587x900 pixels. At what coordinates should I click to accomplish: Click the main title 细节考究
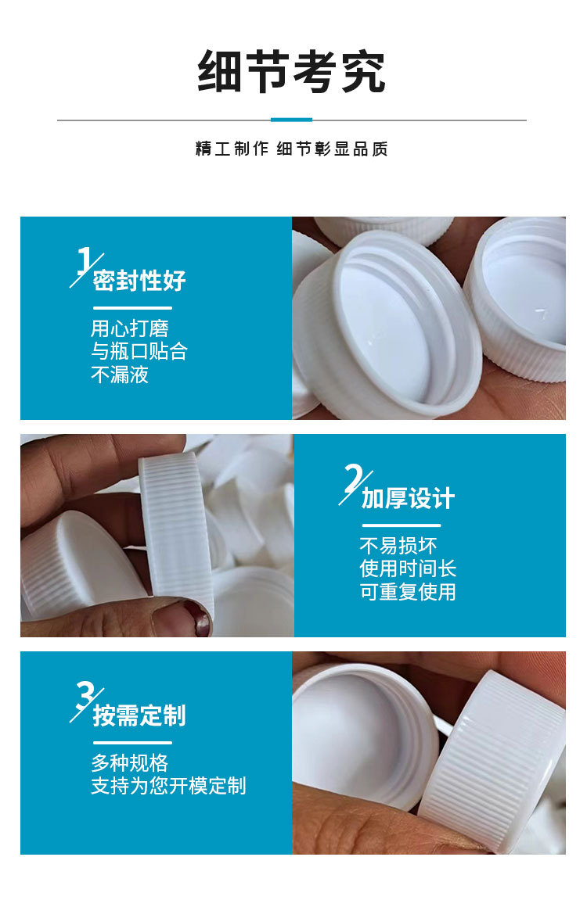tap(291, 72)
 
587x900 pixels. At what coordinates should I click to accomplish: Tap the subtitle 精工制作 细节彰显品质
tap(291, 149)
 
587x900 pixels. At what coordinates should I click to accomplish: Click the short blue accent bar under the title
tap(291, 120)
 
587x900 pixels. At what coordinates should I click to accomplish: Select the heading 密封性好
tap(139, 281)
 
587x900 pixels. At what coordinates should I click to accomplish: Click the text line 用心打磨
tap(130, 328)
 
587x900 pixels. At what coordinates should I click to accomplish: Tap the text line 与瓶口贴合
tap(139, 351)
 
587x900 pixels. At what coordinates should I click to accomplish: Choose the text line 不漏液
tap(120, 375)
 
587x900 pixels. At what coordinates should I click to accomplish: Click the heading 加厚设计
tap(408, 498)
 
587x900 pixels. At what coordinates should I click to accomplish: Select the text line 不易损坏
tap(398, 545)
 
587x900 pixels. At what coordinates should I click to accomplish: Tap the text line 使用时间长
tap(408, 568)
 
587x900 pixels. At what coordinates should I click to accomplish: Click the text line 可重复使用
tap(408, 592)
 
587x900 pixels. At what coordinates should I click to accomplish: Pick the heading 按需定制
tap(139, 715)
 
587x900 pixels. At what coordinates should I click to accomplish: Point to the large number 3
tap(85, 695)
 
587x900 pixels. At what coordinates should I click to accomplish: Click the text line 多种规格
tap(130, 762)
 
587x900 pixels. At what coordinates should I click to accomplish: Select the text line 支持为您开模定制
tap(168, 786)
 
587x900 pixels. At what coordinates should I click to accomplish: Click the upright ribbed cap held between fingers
tap(175, 532)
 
